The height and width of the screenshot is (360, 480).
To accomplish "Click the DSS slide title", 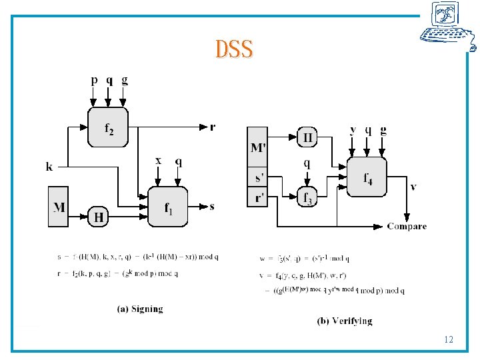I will coord(234,49).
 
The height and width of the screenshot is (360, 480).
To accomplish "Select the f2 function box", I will coord(107,127).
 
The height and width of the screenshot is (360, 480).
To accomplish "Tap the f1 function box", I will coord(167,207).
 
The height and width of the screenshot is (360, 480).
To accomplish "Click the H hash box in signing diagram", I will coord(99,217).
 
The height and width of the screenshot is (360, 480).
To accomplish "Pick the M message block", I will coord(59,207).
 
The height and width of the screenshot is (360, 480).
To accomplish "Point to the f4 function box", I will coord(367,177).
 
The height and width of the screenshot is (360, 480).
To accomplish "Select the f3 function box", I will coord(307,197).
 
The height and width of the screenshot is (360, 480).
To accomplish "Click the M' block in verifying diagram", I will coord(257,147).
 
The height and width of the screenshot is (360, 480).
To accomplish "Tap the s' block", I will coord(257,179).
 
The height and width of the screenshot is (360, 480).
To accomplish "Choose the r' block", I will coord(257,197).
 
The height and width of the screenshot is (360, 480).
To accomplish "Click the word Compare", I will coord(407,227).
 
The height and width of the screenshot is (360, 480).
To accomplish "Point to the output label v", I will coord(413,187).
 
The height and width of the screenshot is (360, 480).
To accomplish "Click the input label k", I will coord(49,166).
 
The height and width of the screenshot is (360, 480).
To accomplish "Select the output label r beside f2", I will coord(213,126).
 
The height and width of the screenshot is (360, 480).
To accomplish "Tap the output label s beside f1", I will coord(212,207).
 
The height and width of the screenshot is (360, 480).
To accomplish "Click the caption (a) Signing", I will coord(140,309).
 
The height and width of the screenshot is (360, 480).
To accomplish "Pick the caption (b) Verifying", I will coord(344,321).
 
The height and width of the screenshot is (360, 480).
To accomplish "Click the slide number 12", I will coord(448,340).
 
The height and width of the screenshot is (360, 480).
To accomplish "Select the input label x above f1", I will coord(158,161).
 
